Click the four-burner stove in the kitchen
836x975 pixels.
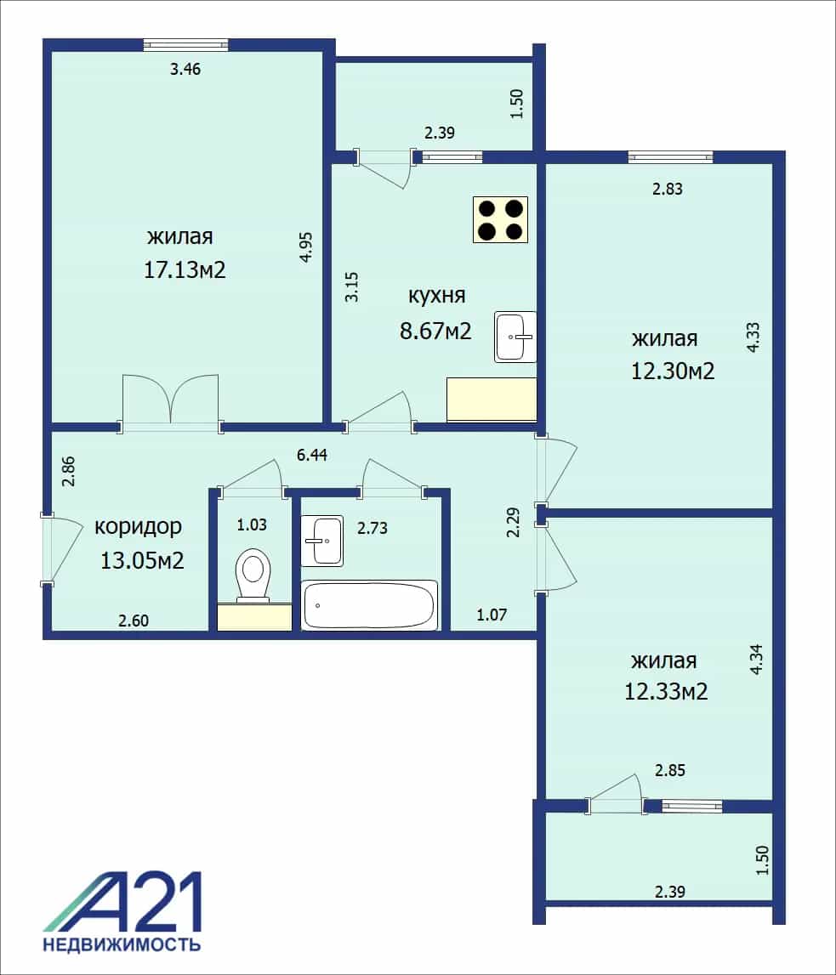point(500,219)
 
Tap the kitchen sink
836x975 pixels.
point(515,337)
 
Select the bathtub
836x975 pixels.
point(370,605)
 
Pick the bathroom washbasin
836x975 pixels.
point(322,541)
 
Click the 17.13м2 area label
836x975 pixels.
point(185,269)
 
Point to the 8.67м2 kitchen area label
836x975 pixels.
point(435,331)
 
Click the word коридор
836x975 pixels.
point(138,527)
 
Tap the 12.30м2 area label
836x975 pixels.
point(673,371)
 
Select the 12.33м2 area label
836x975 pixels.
point(666,691)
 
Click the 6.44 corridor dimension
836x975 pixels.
point(311,455)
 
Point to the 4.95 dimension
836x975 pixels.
point(305,247)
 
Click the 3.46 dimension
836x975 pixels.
point(185,69)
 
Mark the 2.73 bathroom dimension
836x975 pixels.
point(372,528)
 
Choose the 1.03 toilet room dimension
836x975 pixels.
point(251,524)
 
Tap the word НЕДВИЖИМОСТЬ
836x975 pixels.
point(122,945)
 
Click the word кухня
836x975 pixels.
point(436,295)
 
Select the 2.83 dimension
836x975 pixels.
point(668,189)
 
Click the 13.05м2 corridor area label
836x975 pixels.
point(142,561)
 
